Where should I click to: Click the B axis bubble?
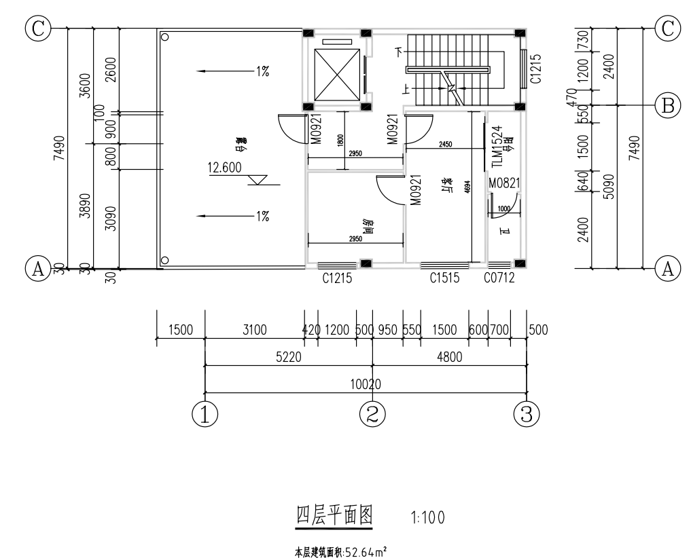click(x=668, y=105)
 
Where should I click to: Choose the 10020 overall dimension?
click(x=365, y=384)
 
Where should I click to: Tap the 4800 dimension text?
click(x=450, y=358)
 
